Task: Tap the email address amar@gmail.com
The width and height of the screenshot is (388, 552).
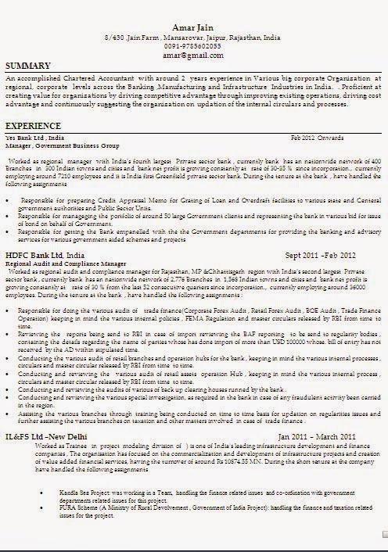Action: [x=195, y=55]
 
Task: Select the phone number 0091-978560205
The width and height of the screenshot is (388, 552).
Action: [x=195, y=46]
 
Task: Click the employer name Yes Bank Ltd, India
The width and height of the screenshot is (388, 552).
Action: [x=35, y=138]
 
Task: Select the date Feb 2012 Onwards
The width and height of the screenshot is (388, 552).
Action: [x=318, y=138]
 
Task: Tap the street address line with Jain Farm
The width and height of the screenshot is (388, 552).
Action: [x=195, y=38]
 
